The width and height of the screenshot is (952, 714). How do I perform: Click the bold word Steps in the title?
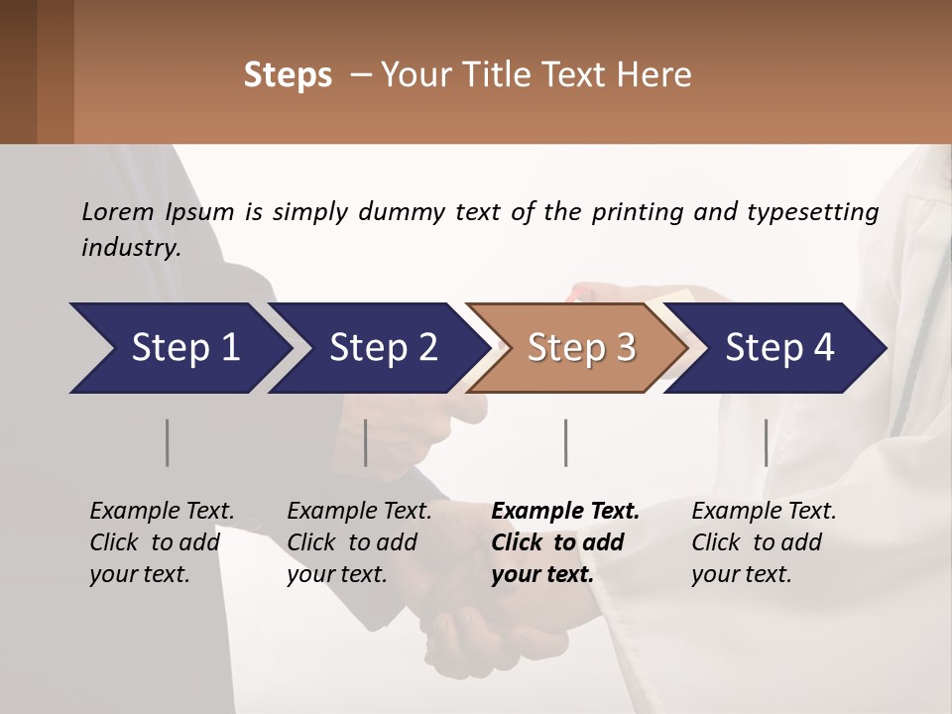click(x=288, y=75)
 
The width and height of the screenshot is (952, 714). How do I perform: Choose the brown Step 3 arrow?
click(x=580, y=348)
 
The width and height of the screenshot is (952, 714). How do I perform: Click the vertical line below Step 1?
click(x=168, y=442)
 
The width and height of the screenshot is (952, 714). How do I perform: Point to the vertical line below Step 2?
click(x=366, y=442)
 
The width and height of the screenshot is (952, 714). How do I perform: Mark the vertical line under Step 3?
click(x=565, y=442)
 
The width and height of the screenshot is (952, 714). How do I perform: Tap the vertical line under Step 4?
click(x=767, y=442)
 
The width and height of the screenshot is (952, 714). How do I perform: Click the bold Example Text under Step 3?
click(x=565, y=512)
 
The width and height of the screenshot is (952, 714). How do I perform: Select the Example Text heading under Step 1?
click(x=162, y=512)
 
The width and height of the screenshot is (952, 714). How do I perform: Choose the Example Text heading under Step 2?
click(x=359, y=512)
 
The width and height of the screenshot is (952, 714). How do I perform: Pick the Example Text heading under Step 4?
click(x=764, y=512)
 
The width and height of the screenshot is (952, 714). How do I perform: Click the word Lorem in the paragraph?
click(x=118, y=212)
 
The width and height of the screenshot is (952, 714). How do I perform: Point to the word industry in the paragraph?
click(x=131, y=248)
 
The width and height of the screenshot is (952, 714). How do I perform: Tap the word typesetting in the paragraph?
click(x=812, y=212)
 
